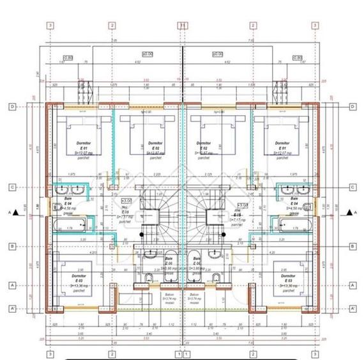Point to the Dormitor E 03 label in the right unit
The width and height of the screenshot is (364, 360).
285,281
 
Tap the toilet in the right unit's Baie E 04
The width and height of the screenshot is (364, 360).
308,207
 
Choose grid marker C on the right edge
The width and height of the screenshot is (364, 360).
352,187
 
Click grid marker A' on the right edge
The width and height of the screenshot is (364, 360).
352,308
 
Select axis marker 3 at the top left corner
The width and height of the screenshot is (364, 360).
50,26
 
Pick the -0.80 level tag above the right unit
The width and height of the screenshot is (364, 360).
298,58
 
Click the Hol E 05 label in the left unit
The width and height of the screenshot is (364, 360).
125,210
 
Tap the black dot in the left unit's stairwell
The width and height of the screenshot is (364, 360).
142,234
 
